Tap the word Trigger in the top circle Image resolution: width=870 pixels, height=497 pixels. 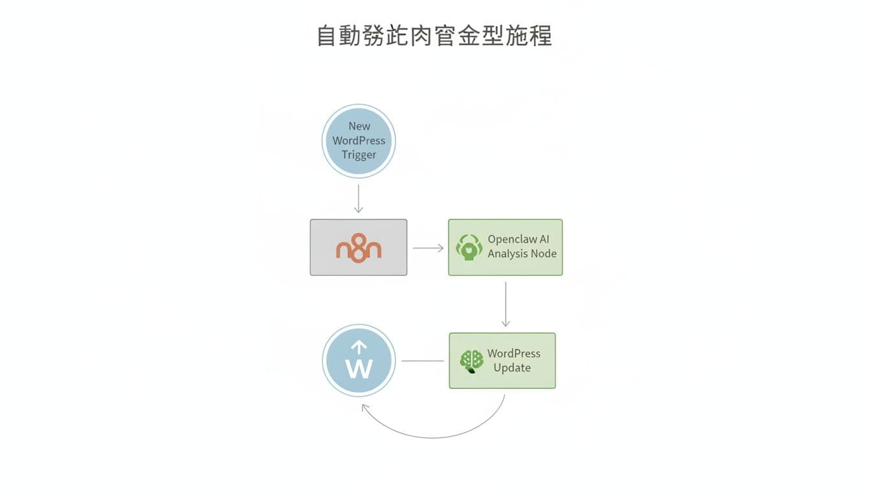359,155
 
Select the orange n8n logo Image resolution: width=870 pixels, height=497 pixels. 359,248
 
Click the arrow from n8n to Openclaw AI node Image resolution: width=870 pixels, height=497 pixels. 428,248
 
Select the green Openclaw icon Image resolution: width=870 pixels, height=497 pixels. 469,247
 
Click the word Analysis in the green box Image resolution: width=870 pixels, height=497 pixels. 507,254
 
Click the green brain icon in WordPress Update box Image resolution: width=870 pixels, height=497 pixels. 472,360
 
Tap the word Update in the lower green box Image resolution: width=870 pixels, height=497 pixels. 512,368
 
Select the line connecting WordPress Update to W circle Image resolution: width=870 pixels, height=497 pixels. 423,360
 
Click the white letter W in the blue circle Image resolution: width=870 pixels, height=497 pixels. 359,369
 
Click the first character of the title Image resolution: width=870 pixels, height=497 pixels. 328,36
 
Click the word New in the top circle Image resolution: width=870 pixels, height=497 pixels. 359,126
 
